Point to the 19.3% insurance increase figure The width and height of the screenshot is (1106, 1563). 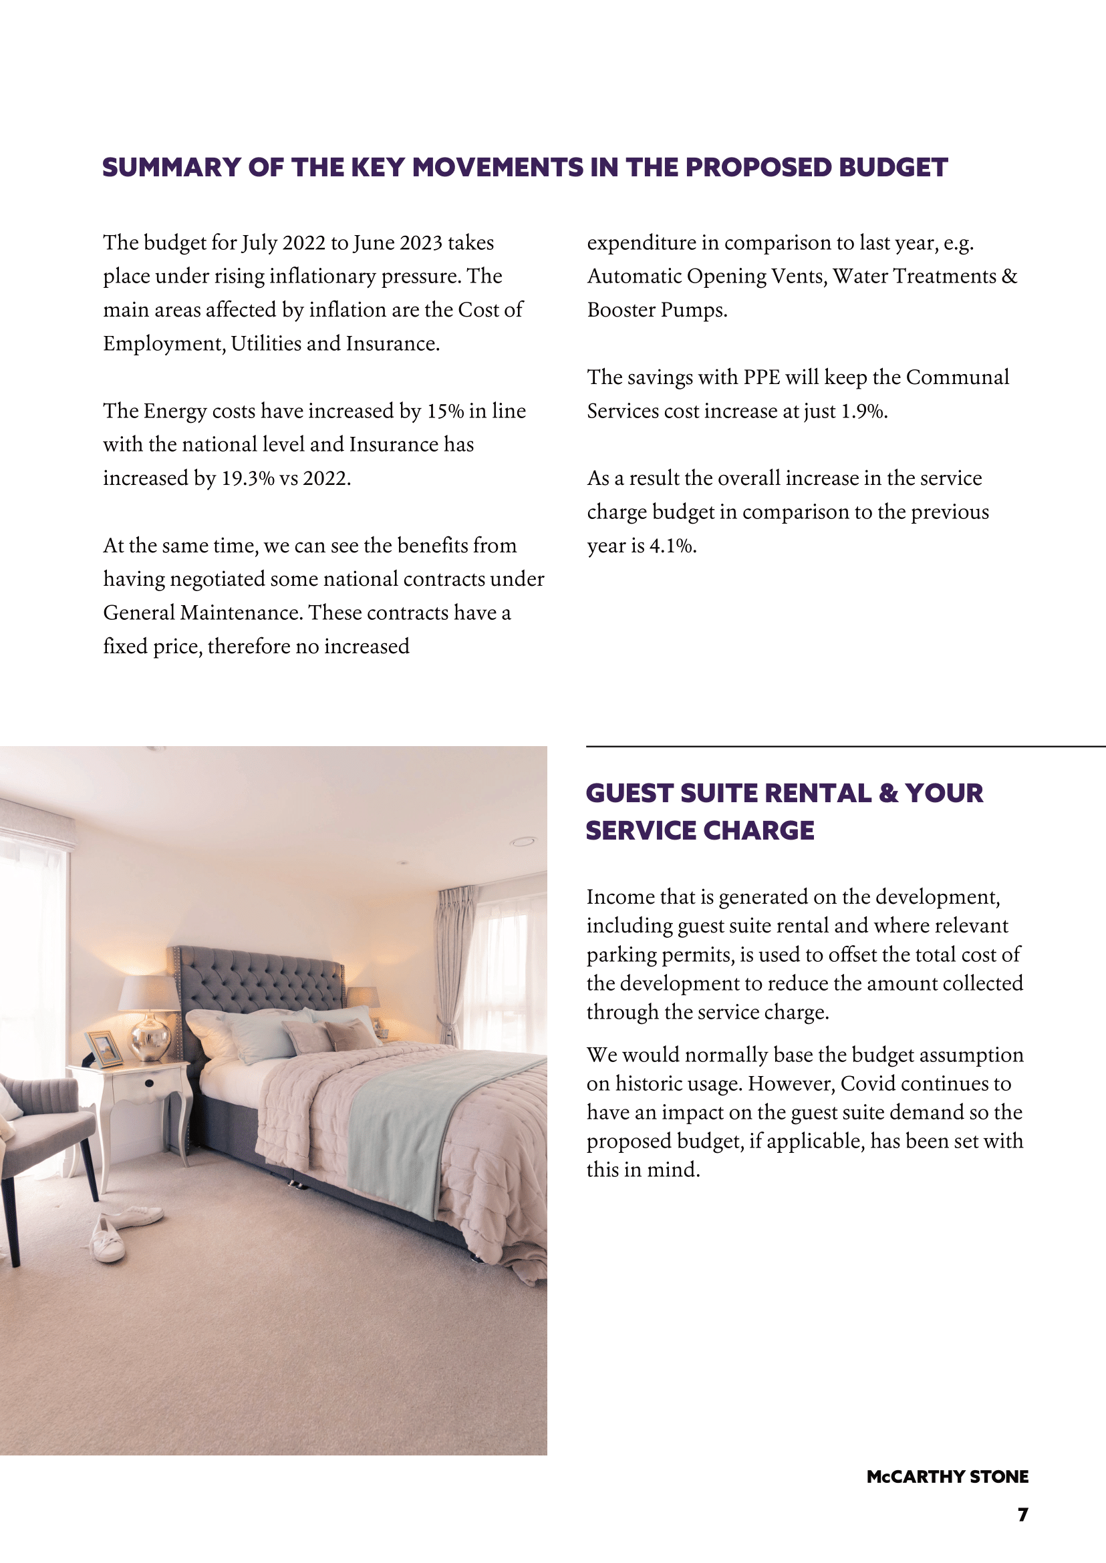click(x=248, y=478)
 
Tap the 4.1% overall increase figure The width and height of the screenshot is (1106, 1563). click(x=672, y=546)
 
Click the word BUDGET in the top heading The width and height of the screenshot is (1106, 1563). click(x=893, y=168)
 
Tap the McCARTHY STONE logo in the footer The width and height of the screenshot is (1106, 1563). click(x=948, y=1477)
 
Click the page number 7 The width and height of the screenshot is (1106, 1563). click(x=1022, y=1515)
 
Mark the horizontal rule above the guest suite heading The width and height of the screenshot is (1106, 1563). click(x=845, y=747)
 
